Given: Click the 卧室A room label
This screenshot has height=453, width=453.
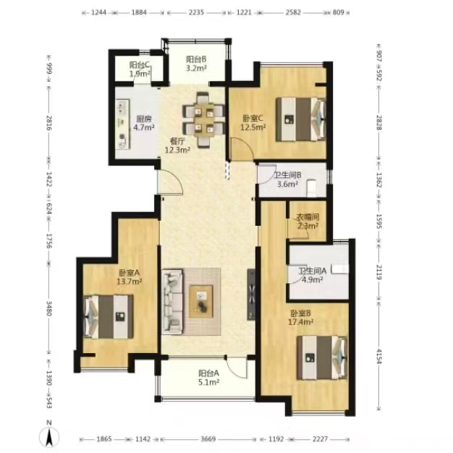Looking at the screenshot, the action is click(x=129, y=276).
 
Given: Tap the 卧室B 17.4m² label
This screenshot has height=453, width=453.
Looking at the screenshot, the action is click(x=301, y=318).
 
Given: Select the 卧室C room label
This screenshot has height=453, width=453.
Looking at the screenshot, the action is click(x=253, y=122).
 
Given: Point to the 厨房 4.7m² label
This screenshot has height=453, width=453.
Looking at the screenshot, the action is click(x=144, y=123).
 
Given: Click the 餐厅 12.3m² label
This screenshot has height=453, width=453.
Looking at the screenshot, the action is click(x=177, y=145).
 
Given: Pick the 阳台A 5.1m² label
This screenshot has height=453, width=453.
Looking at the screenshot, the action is click(x=208, y=378).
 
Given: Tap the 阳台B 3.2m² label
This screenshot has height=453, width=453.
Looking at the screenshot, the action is click(x=196, y=64).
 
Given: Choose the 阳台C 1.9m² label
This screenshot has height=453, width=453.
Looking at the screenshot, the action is click(x=140, y=69).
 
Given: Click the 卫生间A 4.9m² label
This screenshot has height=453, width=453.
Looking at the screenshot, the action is click(x=313, y=275).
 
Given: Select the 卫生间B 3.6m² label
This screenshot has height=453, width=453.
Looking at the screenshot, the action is click(x=288, y=179).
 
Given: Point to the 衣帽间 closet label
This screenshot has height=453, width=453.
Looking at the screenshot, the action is click(x=308, y=221).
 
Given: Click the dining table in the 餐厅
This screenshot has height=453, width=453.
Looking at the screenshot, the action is click(x=203, y=119).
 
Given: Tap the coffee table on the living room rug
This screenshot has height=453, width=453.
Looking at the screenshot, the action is click(x=201, y=301).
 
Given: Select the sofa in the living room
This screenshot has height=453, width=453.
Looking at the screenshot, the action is click(x=172, y=302).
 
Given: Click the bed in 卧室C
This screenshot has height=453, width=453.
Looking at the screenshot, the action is click(x=301, y=119).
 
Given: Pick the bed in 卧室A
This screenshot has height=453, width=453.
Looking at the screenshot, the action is click(x=109, y=317).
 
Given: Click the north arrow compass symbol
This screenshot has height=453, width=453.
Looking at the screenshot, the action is click(x=49, y=436).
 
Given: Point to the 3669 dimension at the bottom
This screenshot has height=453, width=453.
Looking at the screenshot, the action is click(x=208, y=439).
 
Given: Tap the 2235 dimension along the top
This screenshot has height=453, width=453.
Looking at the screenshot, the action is click(x=196, y=12).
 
